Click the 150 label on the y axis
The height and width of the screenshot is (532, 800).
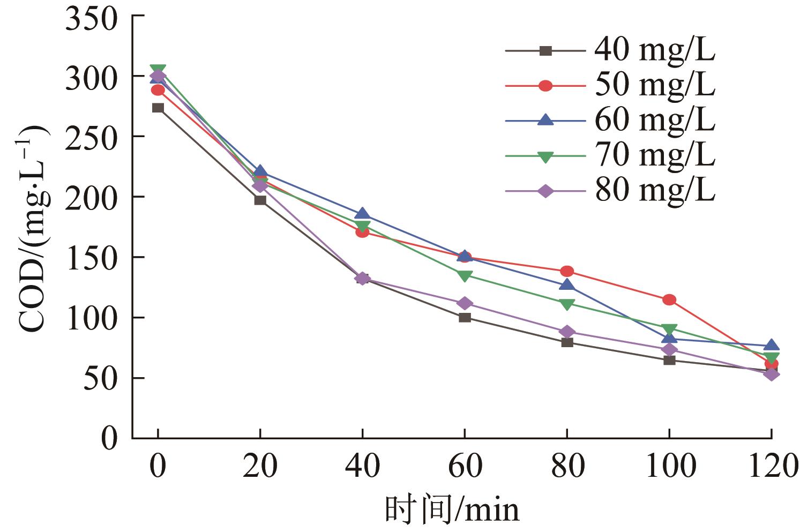coord(92,258)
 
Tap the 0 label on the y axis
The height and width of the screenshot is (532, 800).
coord(109,439)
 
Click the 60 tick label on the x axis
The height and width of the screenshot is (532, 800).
coord(465,466)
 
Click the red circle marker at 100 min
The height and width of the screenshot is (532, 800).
coord(669,299)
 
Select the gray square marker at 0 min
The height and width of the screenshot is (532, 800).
coord(158,108)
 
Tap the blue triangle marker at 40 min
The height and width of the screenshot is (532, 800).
coord(363,214)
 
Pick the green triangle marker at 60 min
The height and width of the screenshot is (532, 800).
coord(465,276)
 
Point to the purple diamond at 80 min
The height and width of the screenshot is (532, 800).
coord(567,332)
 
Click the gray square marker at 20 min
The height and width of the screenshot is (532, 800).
coord(260,200)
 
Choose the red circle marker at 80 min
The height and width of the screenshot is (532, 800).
coord(567,271)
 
